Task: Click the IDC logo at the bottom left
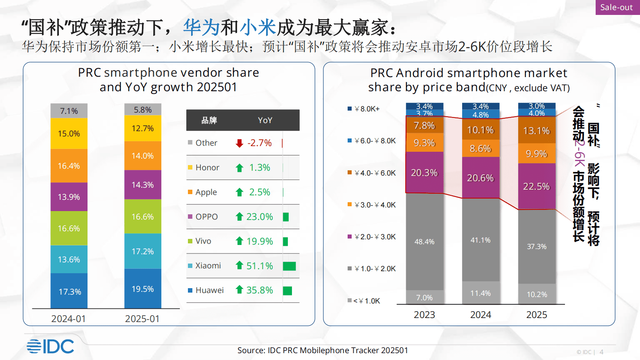coord(50,346)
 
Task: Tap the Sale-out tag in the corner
coord(617,7)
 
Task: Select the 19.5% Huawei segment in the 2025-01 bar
coord(143,289)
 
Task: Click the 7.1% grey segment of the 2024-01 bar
coord(69,111)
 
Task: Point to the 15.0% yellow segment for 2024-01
coord(69,134)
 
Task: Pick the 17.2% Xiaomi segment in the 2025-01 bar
coord(143,251)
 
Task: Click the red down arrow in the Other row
coord(240,143)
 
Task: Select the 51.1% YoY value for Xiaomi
coord(260,266)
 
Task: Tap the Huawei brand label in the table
coord(209,290)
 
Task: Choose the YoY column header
coord(265,120)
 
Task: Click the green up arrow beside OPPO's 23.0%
coord(240,217)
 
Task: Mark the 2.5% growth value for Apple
coord(260,192)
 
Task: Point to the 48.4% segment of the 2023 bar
coord(424,242)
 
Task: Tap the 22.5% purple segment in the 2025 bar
coord(536,186)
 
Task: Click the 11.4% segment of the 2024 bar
coord(480,293)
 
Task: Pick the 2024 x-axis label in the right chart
coord(480,315)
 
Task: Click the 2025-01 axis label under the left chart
coord(142,319)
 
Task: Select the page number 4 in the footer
coord(601,352)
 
